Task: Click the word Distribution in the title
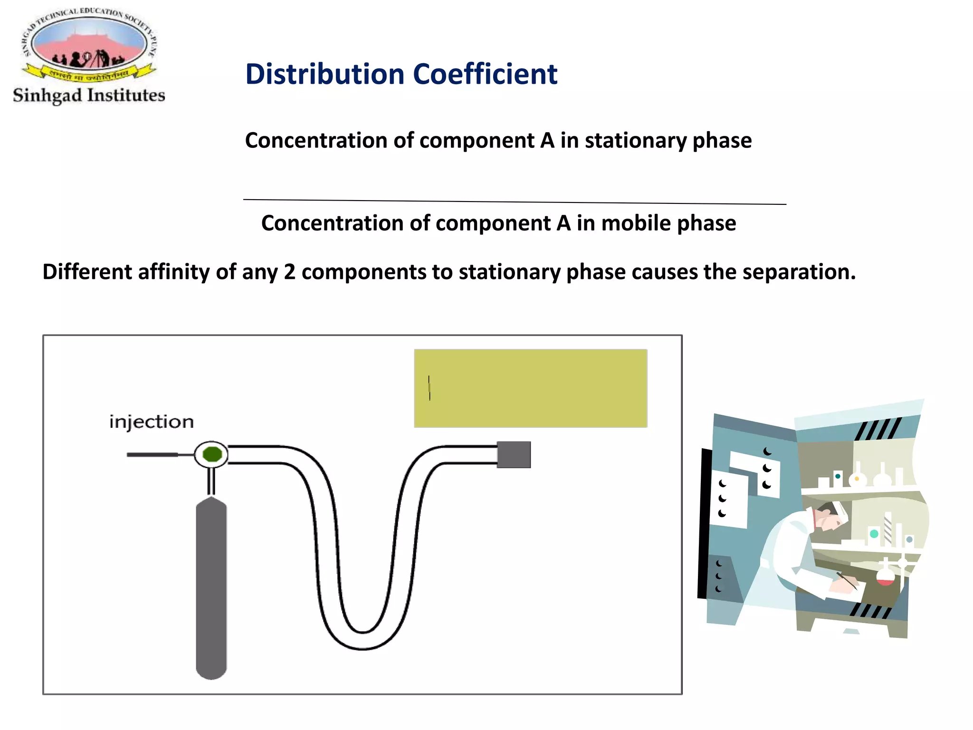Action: [324, 75]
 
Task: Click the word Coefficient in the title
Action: [485, 75]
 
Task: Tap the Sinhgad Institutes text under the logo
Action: [89, 96]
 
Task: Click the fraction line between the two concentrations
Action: [514, 202]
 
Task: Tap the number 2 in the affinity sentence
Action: [290, 272]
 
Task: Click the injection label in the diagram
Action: [152, 422]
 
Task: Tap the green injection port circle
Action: [212, 454]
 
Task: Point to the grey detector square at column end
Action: [514, 454]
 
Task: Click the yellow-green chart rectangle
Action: [531, 388]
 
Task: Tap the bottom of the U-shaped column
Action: [363, 641]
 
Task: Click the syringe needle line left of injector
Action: [152, 455]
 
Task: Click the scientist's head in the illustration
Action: [830, 517]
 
